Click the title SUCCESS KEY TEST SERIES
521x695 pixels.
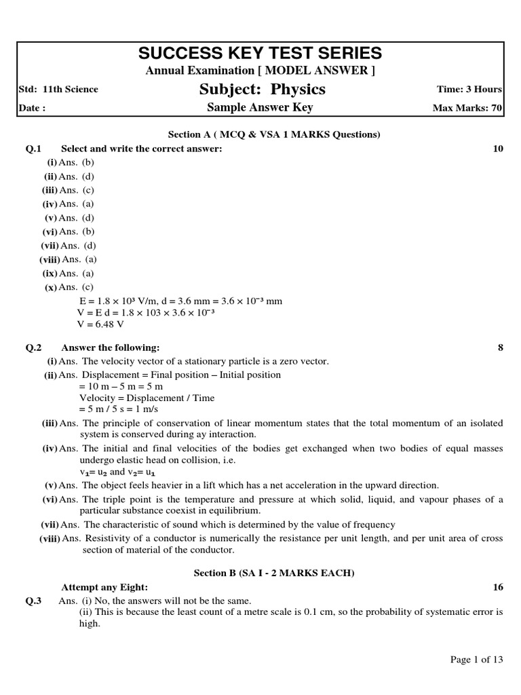coord(260,53)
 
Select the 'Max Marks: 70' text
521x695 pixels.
coord(467,108)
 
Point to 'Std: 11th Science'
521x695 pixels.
coord(59,90)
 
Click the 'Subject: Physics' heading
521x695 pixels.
coord(262,90)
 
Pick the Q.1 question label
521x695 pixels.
coord(34,149)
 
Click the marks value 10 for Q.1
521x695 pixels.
coord(498,149)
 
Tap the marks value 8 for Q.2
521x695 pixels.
coord(501,347)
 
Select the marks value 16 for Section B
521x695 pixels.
coord(498,587)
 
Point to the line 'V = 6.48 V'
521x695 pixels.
coord(101,324)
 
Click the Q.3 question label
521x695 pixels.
coord(34,601)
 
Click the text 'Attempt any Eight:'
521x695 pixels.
coord(104,587)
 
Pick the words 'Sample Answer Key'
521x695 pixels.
coord(260,108)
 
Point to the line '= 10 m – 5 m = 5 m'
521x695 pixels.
coord(121,386)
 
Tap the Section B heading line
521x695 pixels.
coord(274,574)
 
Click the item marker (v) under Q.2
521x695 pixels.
coord(51,485)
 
